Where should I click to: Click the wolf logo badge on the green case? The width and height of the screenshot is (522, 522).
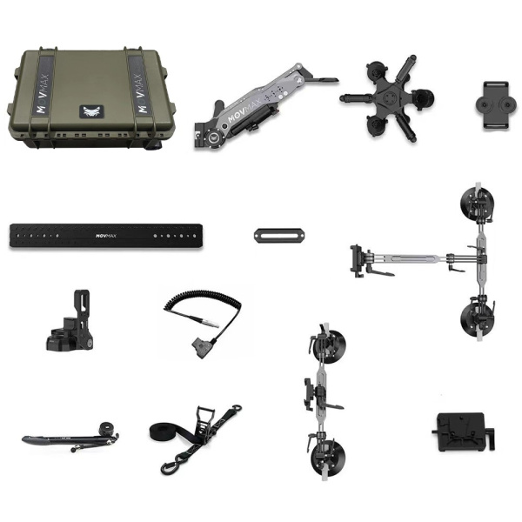pos(91,111)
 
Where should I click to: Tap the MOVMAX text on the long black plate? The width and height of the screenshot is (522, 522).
pos(106,236)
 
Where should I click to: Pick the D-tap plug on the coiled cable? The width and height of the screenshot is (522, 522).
pos(201,349)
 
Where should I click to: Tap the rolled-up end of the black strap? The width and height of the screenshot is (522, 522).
pos(160,431)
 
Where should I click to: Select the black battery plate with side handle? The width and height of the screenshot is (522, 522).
pos(463,432)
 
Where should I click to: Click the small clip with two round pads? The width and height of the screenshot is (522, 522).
pos(497,105)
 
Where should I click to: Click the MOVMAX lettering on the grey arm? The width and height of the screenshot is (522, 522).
pos(244,110)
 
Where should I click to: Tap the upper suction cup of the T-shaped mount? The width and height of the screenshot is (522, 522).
pos(477,202)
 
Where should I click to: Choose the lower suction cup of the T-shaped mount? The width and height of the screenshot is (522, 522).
pos(477,318)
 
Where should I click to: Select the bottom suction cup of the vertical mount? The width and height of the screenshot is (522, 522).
pos(328,457)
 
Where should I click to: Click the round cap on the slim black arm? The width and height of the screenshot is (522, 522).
pos(108,427)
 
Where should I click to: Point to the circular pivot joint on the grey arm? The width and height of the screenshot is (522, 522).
pos(214,137)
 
